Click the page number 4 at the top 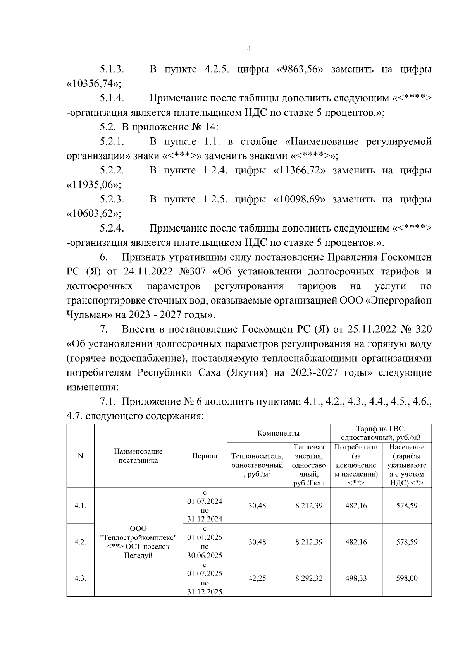coord(249,49)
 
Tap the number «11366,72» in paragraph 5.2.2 coord(299,171)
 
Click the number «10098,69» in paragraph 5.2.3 coord(299,199)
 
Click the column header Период coord(205,456)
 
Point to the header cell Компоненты coord(278,434)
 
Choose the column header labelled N coord(80,456)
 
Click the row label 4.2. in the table coord(80,542)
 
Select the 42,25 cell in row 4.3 coord(257,578)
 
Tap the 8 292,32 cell coord(309,578)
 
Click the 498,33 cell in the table coord(356,578)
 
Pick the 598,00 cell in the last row coord(406,578)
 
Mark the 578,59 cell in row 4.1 coord(406,506)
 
